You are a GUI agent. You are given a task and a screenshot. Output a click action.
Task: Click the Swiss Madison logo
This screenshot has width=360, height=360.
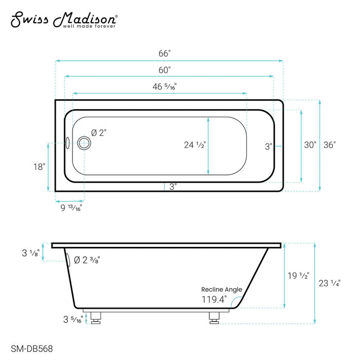click(64, 20)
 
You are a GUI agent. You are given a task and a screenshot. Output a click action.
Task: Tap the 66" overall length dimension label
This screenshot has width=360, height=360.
click(165, 53)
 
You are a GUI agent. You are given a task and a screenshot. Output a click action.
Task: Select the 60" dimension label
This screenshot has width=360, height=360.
click(165, 70)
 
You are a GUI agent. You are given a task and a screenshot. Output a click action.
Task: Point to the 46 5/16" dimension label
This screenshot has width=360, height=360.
click(165, 86)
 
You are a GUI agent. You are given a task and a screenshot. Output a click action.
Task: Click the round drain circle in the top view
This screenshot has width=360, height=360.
click(84, 143)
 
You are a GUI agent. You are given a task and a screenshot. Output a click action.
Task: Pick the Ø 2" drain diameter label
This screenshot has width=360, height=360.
click(99, 133)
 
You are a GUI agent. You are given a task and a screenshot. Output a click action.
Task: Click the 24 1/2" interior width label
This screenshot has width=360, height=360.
click(195, 145)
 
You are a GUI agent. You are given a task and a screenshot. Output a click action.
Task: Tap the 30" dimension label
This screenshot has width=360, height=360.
click(310, 145)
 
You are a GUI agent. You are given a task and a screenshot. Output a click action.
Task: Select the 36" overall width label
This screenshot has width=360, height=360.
click(330, 145)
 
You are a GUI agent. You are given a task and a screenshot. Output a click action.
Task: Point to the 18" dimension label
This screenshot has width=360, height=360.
click(39, 167)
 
